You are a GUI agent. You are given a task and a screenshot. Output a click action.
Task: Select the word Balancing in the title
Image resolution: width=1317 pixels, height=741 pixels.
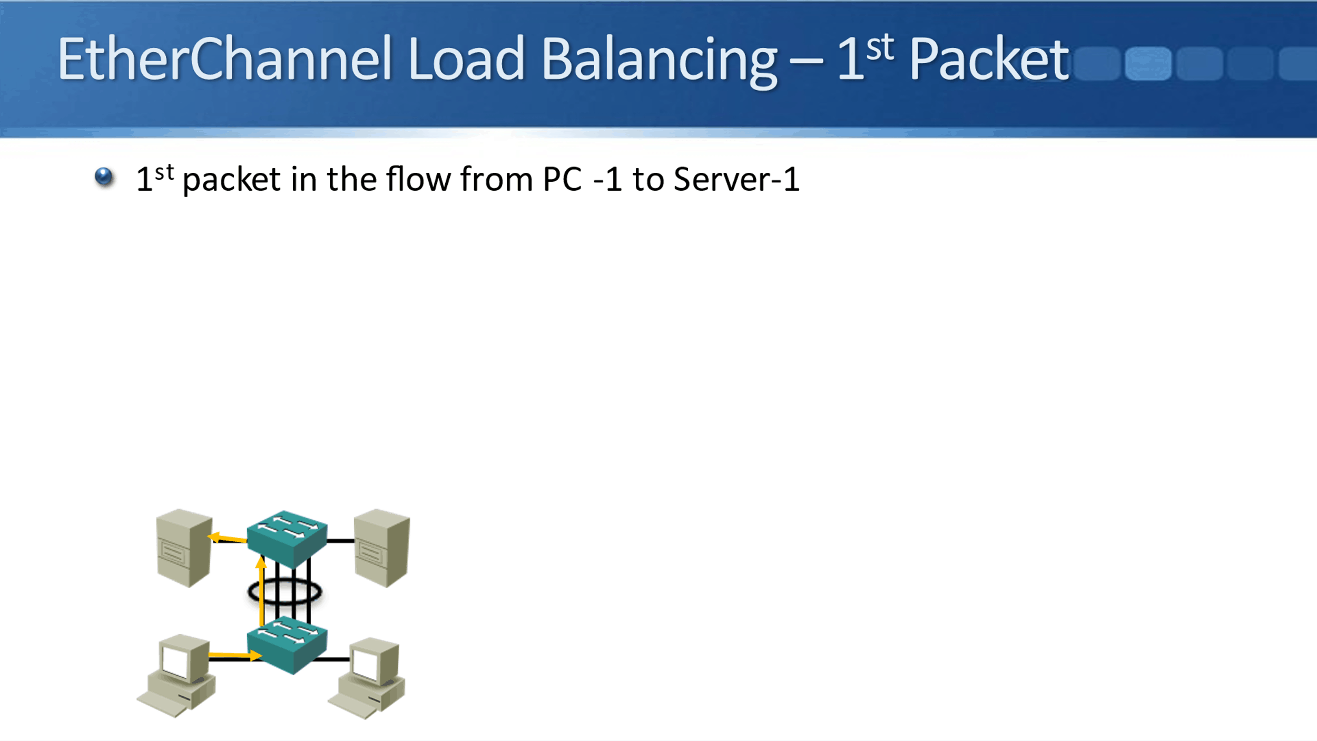pyautogui.click(x=659, y=61)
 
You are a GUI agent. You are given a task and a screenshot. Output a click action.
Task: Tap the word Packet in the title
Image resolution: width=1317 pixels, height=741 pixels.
pyautogui.click(x=989, y=59)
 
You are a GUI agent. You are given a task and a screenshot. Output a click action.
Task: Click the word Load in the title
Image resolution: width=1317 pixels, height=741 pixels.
pyautogui.click(x=466, y=59)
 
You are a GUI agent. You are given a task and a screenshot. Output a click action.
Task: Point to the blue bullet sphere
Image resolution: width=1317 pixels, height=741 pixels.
pyautogui.click(x=104, y=177)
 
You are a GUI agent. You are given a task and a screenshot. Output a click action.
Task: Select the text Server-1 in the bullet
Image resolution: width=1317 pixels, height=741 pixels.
pyautogui.click(x=736, y=179)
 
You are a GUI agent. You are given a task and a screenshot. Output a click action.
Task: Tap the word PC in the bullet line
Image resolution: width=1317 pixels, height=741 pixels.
pyautogui.click(x=562, y=179)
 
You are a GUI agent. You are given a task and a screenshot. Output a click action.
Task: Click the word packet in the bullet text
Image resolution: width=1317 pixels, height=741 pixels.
pyautogui.click(x=231, y=180)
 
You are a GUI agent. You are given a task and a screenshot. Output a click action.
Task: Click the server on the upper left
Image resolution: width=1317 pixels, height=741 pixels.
pyautogui.click(x=184, y=548)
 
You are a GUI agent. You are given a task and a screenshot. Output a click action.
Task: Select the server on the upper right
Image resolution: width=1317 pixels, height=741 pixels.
pyautogui.click(x=382, y=548)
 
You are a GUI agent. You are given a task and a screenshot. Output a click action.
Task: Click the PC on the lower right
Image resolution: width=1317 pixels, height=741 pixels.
pyautogui.click(x=368, y=678)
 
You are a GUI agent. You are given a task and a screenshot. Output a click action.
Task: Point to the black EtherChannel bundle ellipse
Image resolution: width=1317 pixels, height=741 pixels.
pyautogui.click(x=284, y=592)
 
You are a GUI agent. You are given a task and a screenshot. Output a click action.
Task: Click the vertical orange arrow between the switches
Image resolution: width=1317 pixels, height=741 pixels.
pyautogui.click(x=261, y=593)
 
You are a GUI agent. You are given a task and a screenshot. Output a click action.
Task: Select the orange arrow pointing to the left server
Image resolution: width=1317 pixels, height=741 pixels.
pyautogui.click(x=228, y=538)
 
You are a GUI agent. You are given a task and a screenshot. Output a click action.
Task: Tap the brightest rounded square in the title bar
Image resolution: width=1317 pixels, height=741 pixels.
pyautogui.click(x=1148, y=64)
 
